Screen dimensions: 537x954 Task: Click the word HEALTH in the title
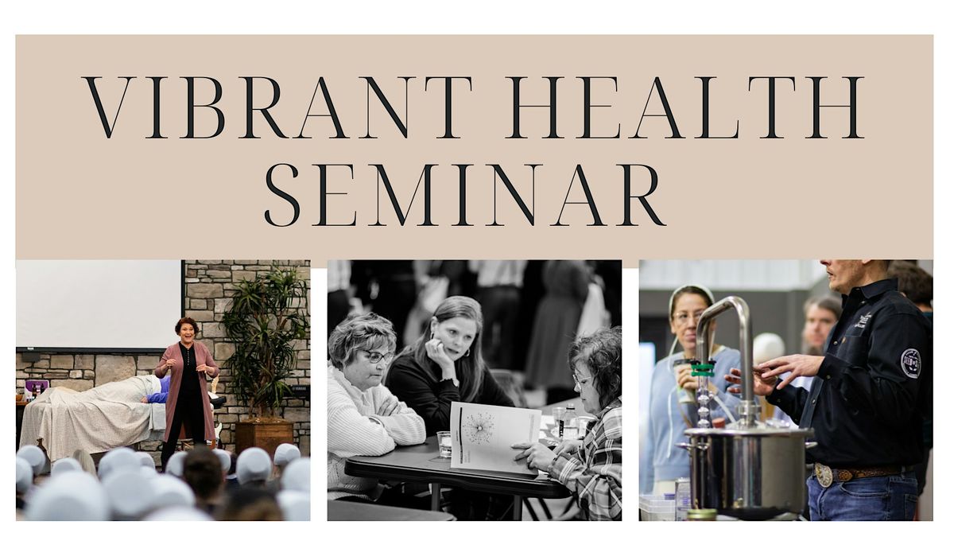click(x=684, y=107)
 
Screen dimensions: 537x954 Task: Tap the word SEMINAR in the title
click(x=464, y=195)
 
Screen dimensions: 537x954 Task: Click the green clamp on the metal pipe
click(x=702, y=369)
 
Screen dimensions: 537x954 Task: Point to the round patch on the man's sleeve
click(x=911, y=363)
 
